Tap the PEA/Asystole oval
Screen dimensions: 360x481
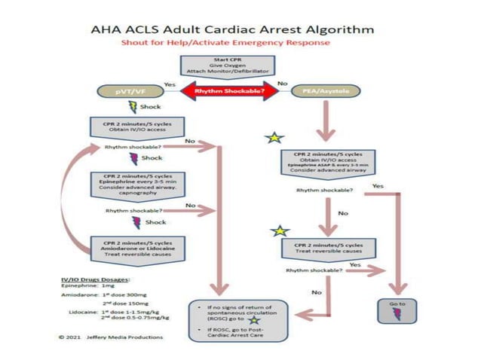pos(326,91)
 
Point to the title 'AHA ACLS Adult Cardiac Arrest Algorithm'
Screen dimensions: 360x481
pos(231,30)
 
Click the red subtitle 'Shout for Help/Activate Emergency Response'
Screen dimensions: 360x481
pos(226,43)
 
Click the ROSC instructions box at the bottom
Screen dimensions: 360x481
pos(241,319)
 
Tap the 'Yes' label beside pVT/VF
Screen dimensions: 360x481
pos(170,84)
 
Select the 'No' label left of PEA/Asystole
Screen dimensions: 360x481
pos(282,83)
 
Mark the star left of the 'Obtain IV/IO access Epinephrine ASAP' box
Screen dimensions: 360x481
pos(274,138)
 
